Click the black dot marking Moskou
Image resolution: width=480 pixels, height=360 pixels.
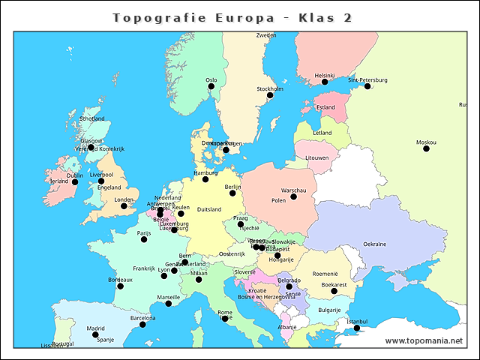tap(426, 148)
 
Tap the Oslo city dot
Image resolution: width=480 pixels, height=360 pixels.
tap(211, 86)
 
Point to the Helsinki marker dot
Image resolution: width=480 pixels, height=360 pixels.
tap(325, 82)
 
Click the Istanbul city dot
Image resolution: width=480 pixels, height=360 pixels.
tap(357, 328)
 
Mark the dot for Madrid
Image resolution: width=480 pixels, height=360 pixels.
tap(95, 334)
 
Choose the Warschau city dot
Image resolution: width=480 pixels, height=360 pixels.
tap(293, 196)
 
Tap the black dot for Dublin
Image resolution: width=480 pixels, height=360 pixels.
tap(75, 181)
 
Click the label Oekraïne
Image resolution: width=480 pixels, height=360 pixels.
tap(375, 244)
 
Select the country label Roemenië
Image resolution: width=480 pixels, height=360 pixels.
tap(326, 274)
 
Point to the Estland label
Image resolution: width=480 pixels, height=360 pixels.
tap(325, 107)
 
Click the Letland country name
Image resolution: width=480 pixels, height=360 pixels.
tap(322, 133)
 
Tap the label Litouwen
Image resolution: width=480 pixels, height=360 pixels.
tap(317, 158)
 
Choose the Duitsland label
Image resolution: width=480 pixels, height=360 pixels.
tap(209, 210)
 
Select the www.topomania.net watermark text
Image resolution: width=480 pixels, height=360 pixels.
tap(424, 340)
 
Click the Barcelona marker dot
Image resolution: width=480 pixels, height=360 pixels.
tap(142, 324)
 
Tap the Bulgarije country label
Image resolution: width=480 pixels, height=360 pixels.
tap(329, 309)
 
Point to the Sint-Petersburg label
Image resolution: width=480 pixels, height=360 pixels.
tap(367, 79)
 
